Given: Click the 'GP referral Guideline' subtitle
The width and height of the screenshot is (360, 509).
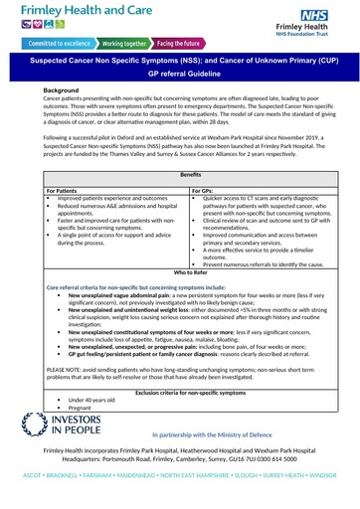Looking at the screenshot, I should point(180,75).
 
